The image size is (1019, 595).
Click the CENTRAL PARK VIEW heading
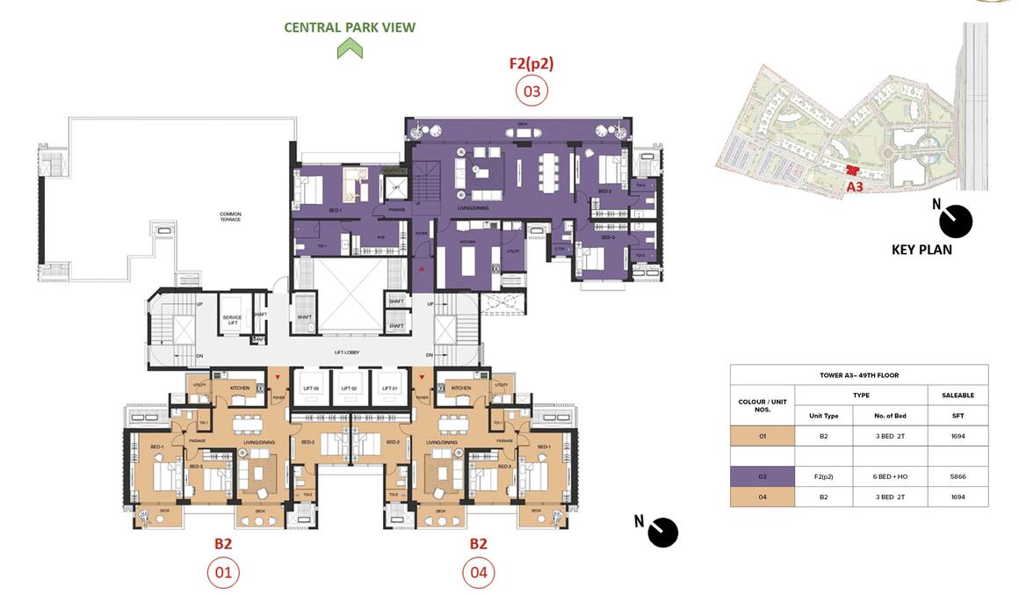[350, 27]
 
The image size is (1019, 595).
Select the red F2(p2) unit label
[531, 63]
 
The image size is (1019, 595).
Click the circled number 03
[531, 90]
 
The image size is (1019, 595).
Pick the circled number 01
[223, 573]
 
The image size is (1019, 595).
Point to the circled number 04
[478, 573]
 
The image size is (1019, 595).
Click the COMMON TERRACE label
[231, 216]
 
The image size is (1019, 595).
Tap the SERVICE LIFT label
[232, 321]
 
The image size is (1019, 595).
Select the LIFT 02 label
[349, 388]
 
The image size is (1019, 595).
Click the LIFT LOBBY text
[347, 352]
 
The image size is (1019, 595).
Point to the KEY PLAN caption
[921, 250]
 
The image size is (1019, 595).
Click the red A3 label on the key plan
[855, 186]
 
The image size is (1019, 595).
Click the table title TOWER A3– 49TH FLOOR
[858, 375]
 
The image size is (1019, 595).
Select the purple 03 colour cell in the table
[762, 476]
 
